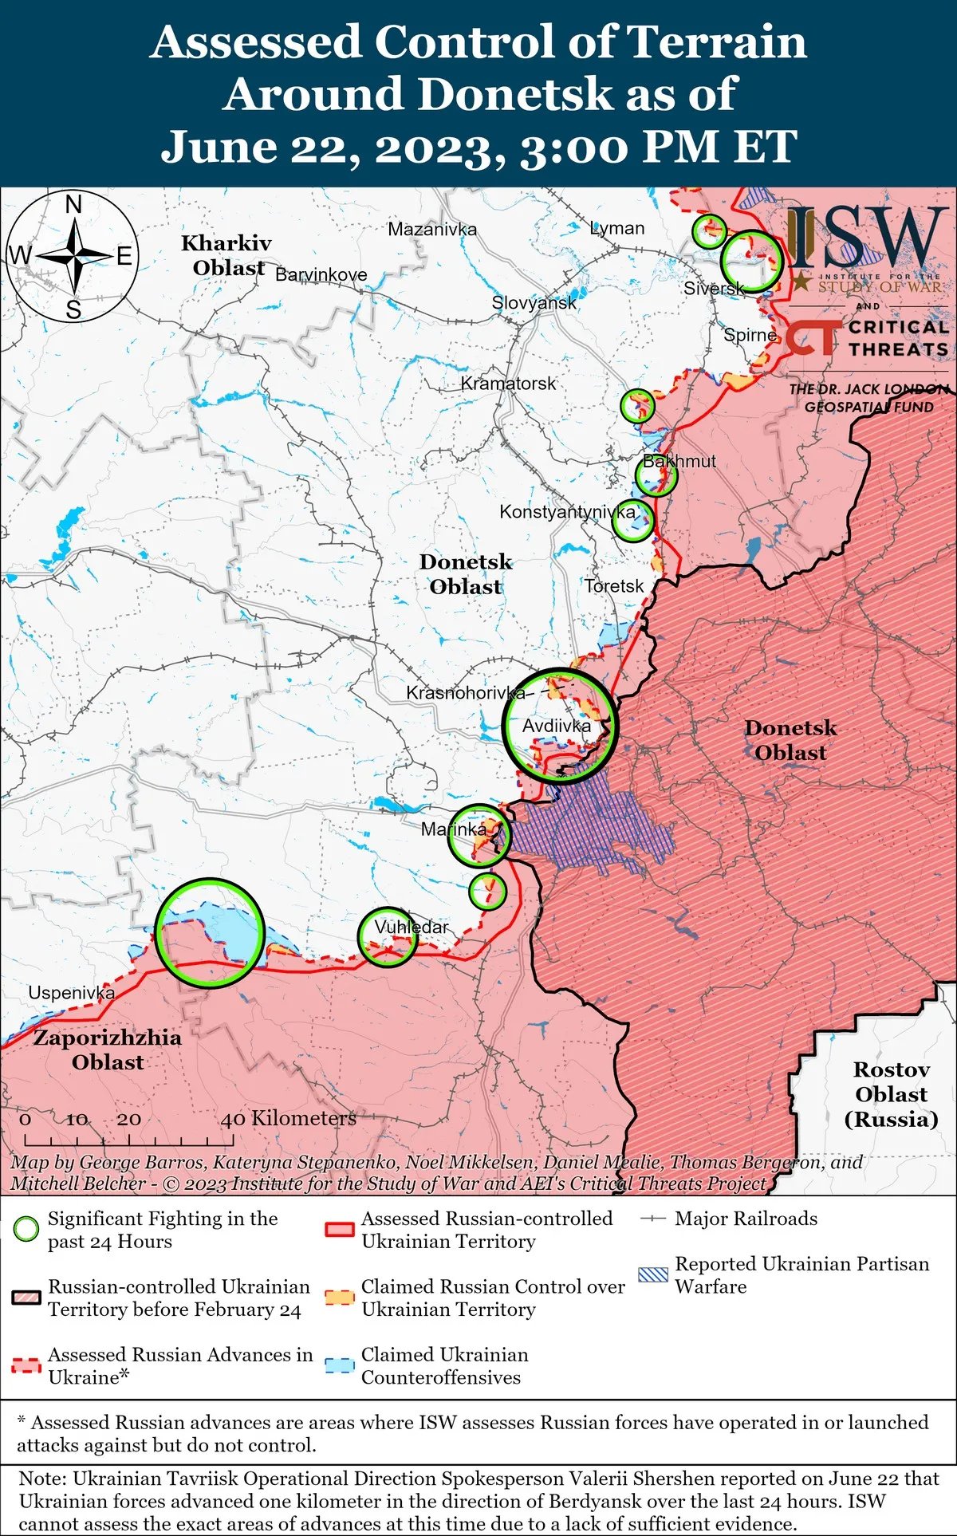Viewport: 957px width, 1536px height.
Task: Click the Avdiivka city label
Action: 557,726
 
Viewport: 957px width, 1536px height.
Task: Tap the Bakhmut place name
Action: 679,461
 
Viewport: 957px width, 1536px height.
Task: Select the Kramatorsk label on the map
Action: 508,384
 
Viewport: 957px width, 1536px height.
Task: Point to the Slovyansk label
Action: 534,303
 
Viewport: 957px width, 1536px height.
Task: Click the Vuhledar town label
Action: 411,928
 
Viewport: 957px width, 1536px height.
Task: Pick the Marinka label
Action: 453,829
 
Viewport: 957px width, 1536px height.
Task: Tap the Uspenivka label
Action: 71,993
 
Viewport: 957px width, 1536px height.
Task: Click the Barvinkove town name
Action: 321,275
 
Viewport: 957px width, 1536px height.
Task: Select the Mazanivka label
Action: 431,230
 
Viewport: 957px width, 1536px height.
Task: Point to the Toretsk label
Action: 613,586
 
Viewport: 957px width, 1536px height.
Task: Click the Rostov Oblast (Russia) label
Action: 891,1094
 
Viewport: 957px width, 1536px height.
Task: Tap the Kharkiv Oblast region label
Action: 227,255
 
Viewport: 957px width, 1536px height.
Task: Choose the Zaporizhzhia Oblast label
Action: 107,1050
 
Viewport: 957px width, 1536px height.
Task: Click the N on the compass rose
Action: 73,206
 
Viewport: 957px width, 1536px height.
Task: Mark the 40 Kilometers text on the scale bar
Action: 288,1119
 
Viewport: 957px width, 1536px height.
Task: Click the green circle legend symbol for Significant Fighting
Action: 26,1229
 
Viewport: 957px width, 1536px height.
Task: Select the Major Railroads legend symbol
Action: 653,1219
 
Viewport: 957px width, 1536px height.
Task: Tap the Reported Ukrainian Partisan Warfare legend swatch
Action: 653,1274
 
